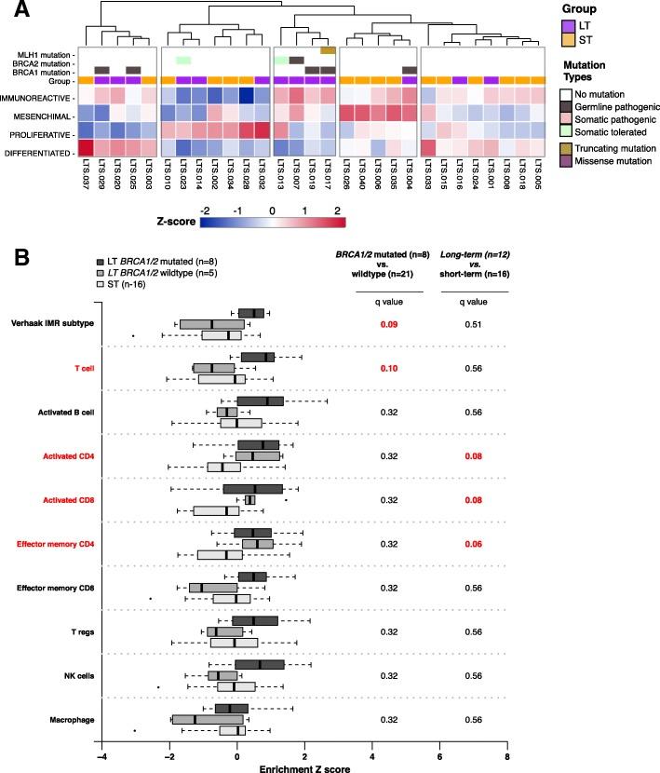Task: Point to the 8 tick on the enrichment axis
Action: pos(507,751)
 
